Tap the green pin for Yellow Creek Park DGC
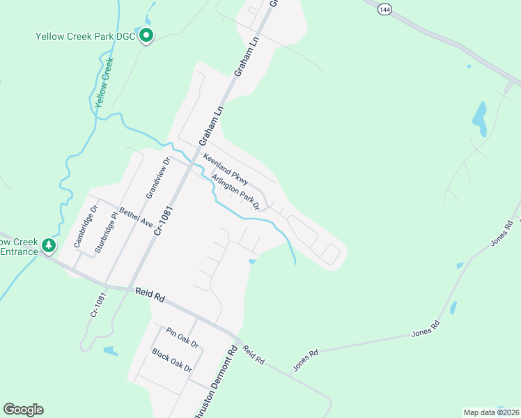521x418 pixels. [x=146, y=35]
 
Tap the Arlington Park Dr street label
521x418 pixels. [x=235, y=190]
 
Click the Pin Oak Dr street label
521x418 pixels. [x=182, y=338]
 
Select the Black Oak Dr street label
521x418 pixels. [x=171, y=360]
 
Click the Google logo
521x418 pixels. [x=23, y=410]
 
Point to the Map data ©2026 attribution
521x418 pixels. [x=490, y=412]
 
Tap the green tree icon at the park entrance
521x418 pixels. [x=49, y=245]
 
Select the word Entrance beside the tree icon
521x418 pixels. [x=19, y=251]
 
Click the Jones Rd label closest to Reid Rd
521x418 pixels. [x=305, y=359]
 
